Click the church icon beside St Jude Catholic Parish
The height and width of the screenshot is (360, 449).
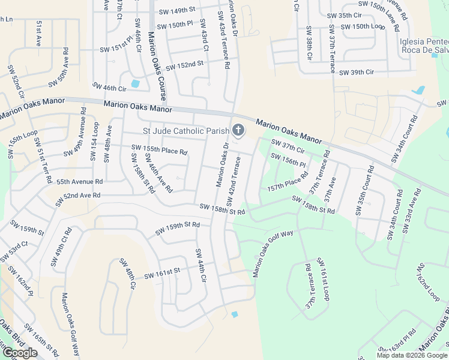[x=238, y=130]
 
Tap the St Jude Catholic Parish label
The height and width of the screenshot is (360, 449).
[x=185, y=131]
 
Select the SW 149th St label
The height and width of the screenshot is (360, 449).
[x=178, y=10]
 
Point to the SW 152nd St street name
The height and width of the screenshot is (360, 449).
[x=185, y=64]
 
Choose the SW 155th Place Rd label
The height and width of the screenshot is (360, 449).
[x=159, y=149]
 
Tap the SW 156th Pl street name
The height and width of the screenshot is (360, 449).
[x=289, y=160]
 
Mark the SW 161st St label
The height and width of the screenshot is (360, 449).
[x=162, y=274]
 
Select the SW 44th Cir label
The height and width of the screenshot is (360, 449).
[x=200, y=265]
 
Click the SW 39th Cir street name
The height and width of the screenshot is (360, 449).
[x=357, y=73]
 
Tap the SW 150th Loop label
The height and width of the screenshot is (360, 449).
[x=363, y=27]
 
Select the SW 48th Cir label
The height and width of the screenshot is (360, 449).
[x=128, y=274]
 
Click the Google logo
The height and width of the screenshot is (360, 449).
[x=20, y=353]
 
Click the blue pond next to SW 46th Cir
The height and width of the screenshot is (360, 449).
[x=135, y=83]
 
